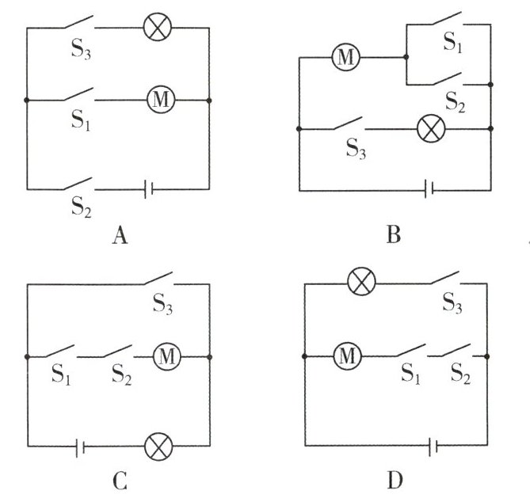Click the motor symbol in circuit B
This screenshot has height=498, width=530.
click(345, 58)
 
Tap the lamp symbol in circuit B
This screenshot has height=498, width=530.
click(432, 128)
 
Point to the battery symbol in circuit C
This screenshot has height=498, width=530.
click(81, 447)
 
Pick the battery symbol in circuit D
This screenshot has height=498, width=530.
click(433, 447)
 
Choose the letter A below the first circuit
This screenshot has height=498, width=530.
click(120, 236)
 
